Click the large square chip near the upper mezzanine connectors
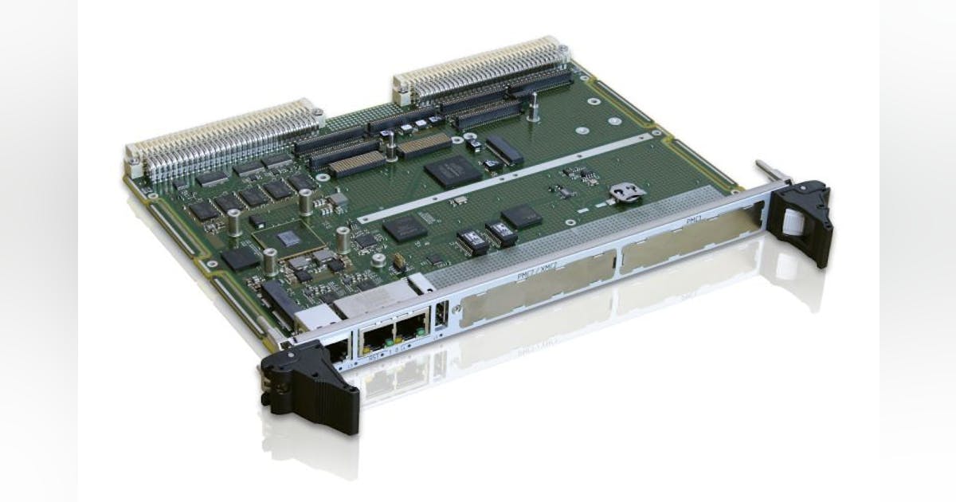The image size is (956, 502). pyautogui.click(x=452, y=170)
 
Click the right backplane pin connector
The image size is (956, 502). pyautogui.click(x=482, y=68)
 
